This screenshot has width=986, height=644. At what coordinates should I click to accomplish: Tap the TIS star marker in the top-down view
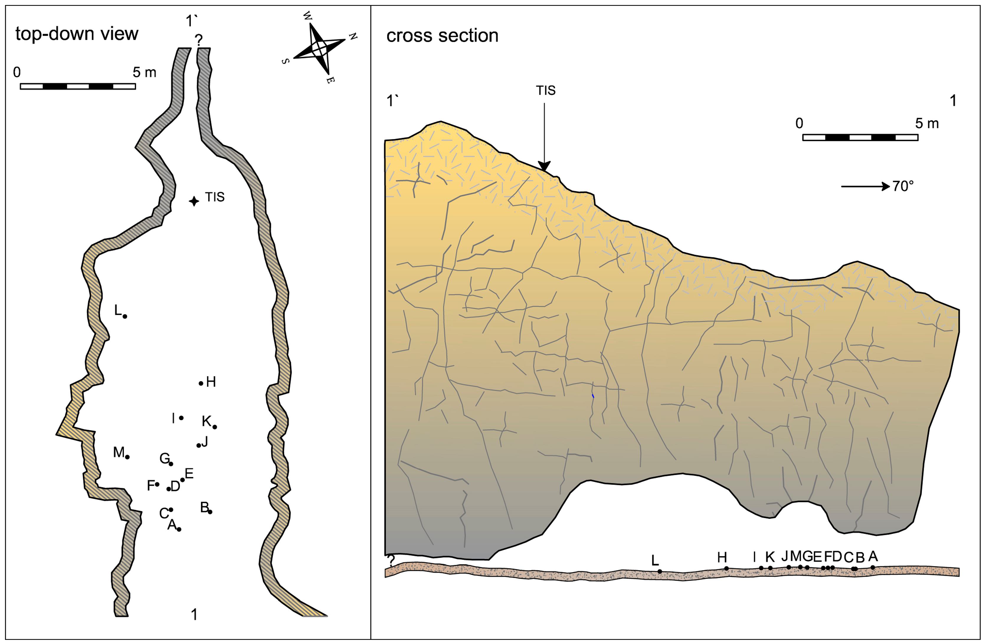(x=194, y=201)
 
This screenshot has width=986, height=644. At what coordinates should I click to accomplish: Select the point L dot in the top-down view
(x=125, y=316)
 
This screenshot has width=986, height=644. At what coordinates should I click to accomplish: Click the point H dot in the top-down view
(x=201, y=383)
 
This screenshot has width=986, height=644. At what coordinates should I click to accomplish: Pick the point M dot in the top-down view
(x=127, y=457)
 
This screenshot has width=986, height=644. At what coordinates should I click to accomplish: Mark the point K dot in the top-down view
(x=214, y=427)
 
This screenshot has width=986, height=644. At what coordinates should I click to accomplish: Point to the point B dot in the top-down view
(x=210, y=512)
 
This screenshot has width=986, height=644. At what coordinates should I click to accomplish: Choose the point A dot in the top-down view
(x=179, y=529)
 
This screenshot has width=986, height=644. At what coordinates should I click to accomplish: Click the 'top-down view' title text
(x=77, y=34)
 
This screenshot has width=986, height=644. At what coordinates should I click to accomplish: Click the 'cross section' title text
(x=442, y=36)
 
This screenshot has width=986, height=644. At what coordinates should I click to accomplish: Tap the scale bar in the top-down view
(x=78, y=86)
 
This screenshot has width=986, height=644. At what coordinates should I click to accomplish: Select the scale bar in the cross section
(x=860, y=138)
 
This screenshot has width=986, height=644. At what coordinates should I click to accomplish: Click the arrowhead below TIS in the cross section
(x=544, y=166)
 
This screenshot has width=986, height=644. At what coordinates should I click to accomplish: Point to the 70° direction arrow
(x=865, y=187)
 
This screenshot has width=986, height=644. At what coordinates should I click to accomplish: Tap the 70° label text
(x=903, y=187)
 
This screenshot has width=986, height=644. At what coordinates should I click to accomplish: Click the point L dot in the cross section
(x=659, y=571)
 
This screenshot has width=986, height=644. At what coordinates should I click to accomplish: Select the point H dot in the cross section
(x=726, y=568)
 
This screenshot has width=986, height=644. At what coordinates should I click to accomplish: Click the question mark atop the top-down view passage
(x=199, y=40)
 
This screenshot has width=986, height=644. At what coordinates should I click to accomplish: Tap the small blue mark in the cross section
(x=593, y=396)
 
